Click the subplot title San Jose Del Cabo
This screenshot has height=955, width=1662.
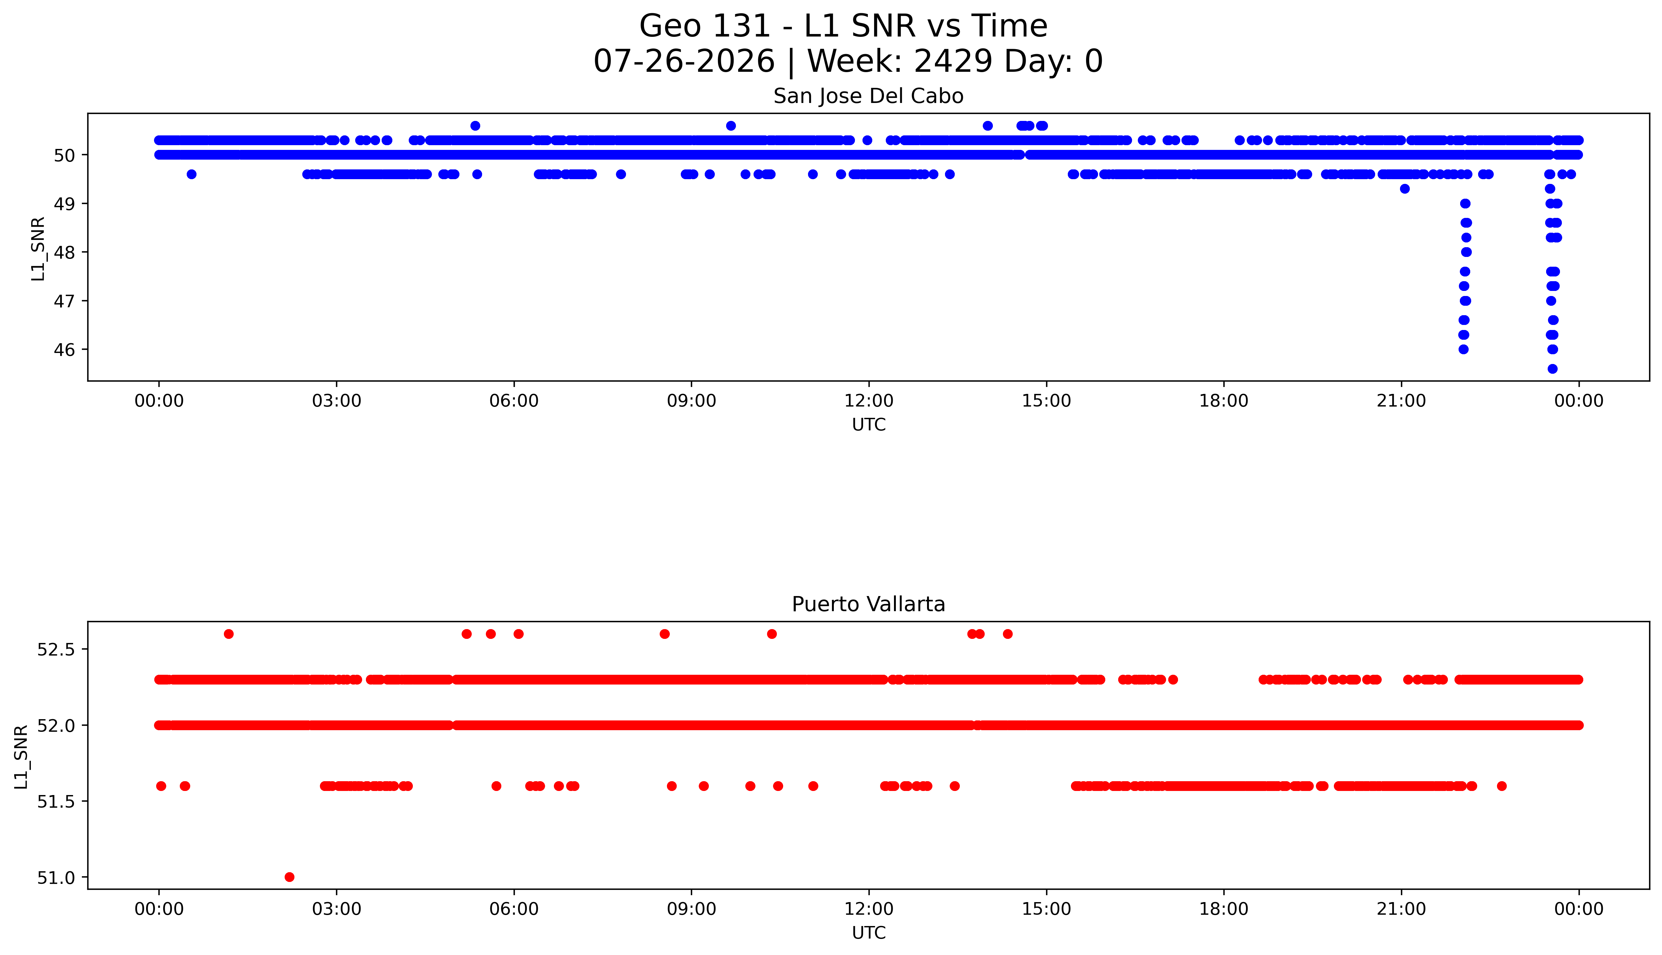point(868,96)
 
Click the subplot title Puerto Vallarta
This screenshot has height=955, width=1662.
point(868,604)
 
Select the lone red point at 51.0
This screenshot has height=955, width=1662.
point(289,877)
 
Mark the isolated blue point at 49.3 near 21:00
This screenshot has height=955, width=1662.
point(1404,189)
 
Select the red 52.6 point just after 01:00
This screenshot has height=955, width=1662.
point(228,634)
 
